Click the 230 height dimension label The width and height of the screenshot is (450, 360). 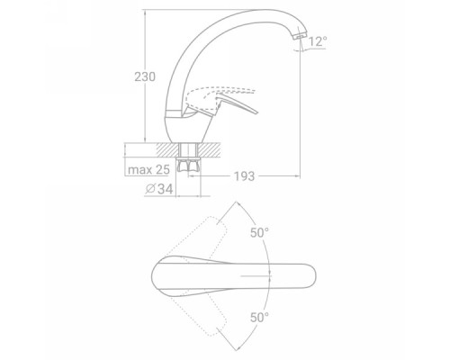pos(145,76)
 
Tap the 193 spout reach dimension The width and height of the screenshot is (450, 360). pos(244,176)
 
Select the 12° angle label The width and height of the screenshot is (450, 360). pos(318,41)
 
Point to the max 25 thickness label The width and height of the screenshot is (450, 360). pos(148,170)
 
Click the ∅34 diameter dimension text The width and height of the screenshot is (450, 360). pos(159,189)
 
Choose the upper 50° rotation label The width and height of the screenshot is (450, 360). pos(259,232)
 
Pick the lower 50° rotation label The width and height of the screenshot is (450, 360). pos(259,317)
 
